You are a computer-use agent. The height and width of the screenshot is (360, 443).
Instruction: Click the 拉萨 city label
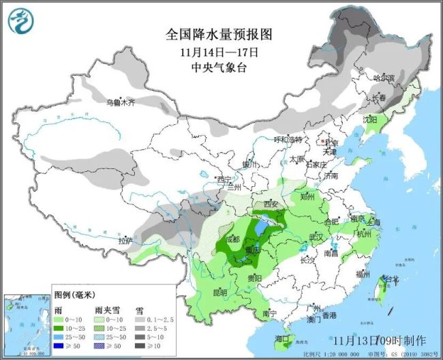click(x=125, y=241)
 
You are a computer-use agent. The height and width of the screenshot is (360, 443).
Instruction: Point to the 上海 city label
click(x=373, y=222)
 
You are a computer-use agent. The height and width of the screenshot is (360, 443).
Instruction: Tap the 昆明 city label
click(x=220, y=292)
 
